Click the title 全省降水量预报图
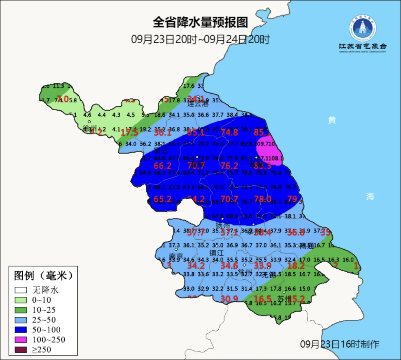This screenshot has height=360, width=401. (x=200, y=22)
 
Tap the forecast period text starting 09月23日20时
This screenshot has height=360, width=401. (x=200, y=39)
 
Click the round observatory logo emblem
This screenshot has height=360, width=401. (x=362, y=29)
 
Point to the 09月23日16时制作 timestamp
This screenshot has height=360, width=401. (x=340, y=344)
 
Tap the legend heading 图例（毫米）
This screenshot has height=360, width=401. (x=43, y=276)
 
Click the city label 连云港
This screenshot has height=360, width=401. (x=198, y=104)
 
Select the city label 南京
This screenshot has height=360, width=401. (x=176, y=256)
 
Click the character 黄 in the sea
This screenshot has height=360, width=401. (x=332, y=120)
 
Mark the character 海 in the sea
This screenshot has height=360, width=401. (x=370, y=197)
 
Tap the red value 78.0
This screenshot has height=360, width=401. (x=263, y=199)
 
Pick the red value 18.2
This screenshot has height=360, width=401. (x=296, y=266)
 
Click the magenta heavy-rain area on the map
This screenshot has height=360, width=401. (x=269, y=150)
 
